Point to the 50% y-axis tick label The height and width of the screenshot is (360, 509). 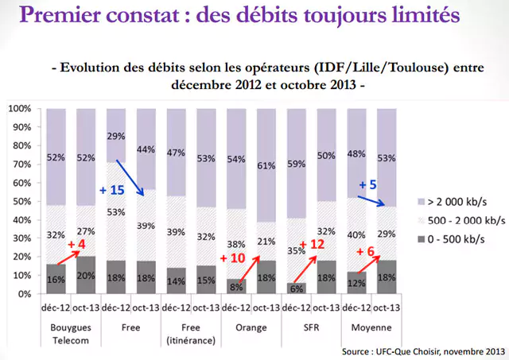[21, 201]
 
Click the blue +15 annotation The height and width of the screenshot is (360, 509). [111, 190]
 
